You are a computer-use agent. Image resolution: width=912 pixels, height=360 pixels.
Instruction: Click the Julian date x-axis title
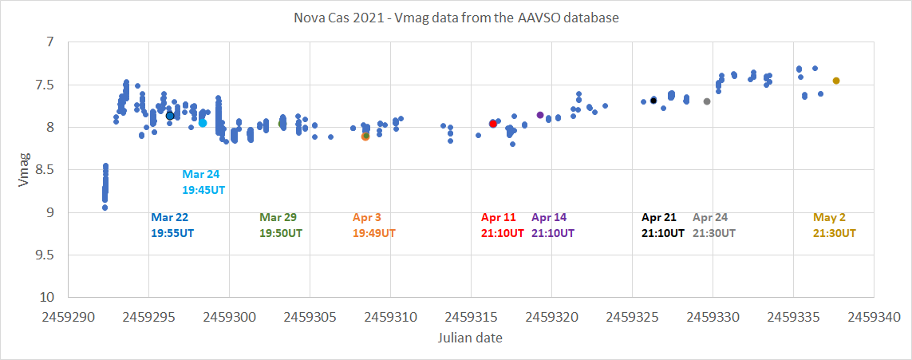click(470, 338)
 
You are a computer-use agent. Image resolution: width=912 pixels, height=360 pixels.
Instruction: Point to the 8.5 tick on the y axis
click(49, 170)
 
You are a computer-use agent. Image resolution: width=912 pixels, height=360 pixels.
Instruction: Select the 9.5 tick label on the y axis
click(49, 255)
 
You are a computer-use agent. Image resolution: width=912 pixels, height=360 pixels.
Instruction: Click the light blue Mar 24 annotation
click(201, 182)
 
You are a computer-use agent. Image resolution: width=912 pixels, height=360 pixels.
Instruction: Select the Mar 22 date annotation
click(172, 225)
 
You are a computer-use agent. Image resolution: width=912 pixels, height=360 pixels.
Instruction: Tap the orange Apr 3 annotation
click(372, 225)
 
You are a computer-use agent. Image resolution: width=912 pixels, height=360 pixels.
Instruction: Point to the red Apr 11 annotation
click(503, 225)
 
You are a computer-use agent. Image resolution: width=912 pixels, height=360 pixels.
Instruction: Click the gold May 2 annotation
click(835, 225)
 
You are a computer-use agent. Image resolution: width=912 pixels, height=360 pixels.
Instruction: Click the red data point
click(493, 124)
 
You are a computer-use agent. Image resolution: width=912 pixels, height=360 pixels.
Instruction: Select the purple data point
click(540, 115)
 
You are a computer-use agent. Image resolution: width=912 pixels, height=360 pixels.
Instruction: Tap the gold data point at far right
click(836, 81)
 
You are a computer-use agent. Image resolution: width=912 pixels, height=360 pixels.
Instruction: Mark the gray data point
click(707, 101)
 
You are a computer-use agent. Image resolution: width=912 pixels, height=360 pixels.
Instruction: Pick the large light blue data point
click(203, 123)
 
